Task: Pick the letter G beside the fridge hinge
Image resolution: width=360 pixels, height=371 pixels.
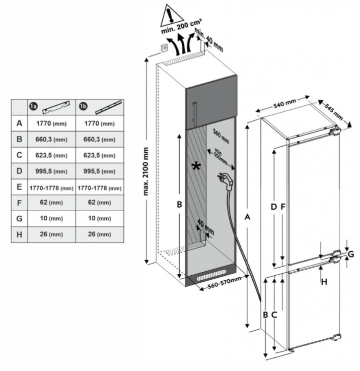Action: (351, 254)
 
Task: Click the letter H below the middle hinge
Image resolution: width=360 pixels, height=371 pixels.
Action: (324, 282)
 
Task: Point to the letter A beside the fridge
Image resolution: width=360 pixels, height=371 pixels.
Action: (247, 217)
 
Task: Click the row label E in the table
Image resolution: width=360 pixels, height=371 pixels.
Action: (19, 187)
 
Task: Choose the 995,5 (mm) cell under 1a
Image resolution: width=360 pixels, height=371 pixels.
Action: (50, 171)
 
